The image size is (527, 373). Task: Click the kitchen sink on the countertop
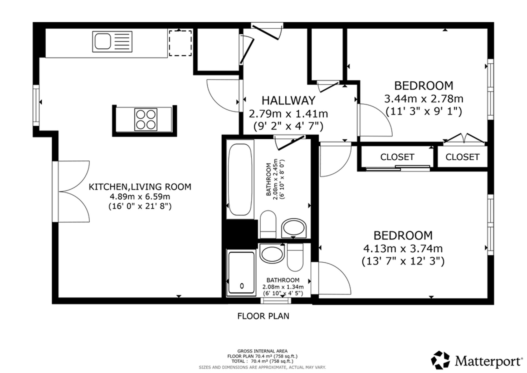[112, 42]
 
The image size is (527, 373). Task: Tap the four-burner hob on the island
[146, 120]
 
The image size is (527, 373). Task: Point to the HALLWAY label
[288, 100]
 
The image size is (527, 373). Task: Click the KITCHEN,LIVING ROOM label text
[140, 187]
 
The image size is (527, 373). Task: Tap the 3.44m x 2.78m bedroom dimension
[424, 99]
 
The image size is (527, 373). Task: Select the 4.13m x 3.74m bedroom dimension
[403, 248]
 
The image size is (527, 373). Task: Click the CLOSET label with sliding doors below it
[397, 157]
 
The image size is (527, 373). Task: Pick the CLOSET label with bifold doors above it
[462, 157]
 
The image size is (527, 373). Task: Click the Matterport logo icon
[440, 360]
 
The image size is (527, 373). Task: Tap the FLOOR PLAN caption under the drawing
[263, 316]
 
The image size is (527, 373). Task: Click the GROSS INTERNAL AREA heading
[262, 351]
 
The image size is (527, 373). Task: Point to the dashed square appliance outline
[180, 43]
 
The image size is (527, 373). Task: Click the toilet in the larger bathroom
[268, 224]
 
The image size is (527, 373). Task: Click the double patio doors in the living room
[71, 192]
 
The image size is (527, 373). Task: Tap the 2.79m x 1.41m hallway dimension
[288, 114]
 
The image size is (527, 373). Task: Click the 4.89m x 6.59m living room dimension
[140, 197]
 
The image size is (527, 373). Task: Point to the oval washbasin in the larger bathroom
[294, 228]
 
